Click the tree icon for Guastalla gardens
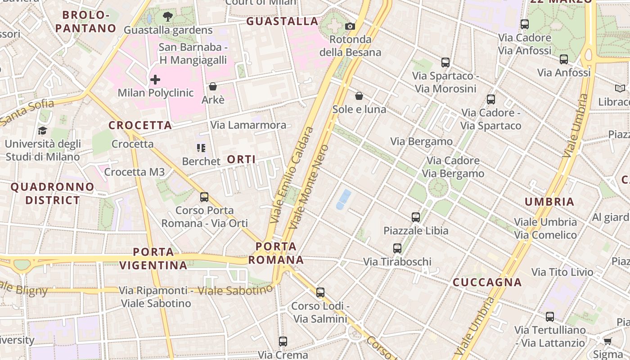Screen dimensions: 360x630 pyautogui.click(x=168, y=17)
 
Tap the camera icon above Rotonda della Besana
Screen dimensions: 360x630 pyautogui.click(x=350, y=27)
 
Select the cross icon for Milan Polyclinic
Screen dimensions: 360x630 pyautogui.click(x=155, y=80)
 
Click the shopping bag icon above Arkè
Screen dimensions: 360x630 pyautogui.click(x=213, y=86)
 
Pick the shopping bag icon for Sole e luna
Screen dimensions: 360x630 pyautogui.click(x=359, y=96)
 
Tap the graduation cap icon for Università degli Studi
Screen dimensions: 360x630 pyautogui.click(x=42, y=130)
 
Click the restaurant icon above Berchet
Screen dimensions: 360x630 pyautogui.click(x=201, y=148)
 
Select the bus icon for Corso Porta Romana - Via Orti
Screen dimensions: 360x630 pyautogui.click(x=204, y=197)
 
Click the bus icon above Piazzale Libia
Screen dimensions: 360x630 pyautogui.click(x=416, y=217)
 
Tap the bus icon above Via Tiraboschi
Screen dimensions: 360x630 pyautogui.click(x=397, y=248)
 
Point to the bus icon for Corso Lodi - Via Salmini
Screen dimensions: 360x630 pyautogui.click(x=320, y=292)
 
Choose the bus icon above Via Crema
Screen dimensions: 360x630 pyautogui.click(x=283, y=342)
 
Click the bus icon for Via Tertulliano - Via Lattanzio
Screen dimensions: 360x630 pyautogui.click(x=550, y=317)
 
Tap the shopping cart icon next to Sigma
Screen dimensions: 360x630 pyautogui.click(x=608, y=341)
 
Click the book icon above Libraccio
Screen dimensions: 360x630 pyautogui.click(x=620, y=89)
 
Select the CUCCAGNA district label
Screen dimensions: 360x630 pyautogui.click(x=487, y=283)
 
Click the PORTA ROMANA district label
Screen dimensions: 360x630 pyautogui.click(x=276, y=253)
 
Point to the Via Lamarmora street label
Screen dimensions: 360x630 pyautogui.click(x=248, y=125)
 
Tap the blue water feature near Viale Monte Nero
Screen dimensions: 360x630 pyautogui.click(x=344, y=199)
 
